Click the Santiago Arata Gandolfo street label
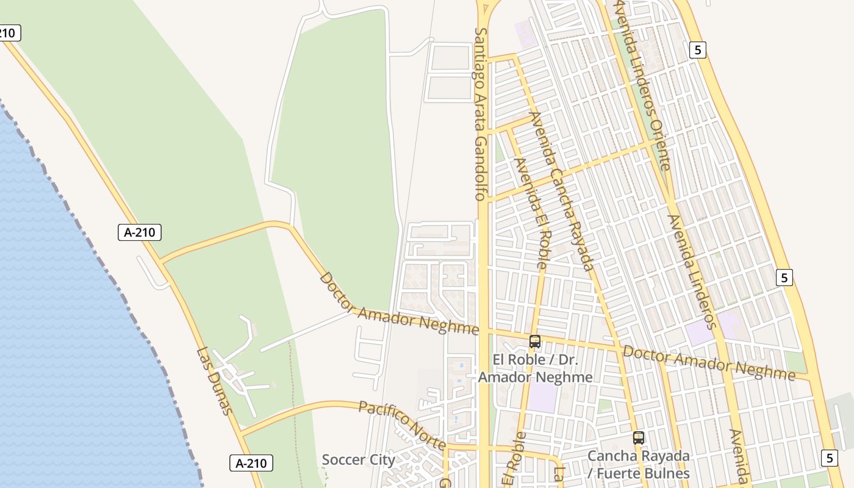(480, 114)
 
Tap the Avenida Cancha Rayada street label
(561, 191)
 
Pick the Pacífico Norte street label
(402, 425)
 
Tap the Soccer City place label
(358, 459)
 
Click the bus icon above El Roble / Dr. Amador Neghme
(535, 342)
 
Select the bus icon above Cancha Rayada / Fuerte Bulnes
(639, 437)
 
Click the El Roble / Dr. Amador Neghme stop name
(535, 368)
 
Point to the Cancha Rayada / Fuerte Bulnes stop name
(639, 464)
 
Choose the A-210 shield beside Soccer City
(251, 463)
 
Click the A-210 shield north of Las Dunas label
(140, 232)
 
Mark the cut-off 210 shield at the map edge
(9, 33)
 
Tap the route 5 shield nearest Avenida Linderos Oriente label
(698, 49)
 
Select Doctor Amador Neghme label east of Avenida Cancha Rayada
(708, 362)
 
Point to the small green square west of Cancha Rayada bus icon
(605, 406)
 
